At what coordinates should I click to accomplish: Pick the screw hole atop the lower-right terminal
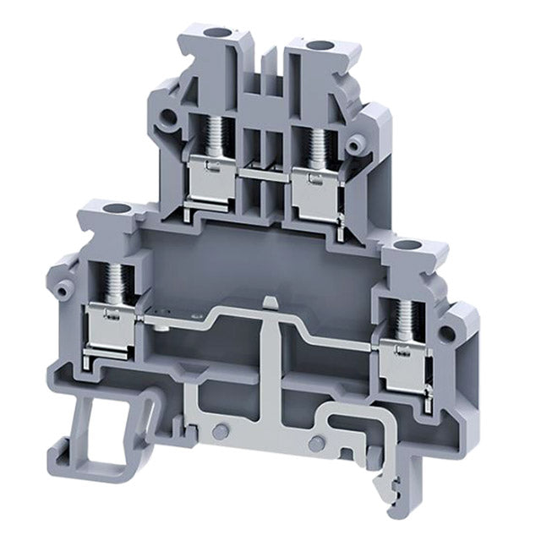(412, 247)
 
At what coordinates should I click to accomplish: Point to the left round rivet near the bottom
(220, 431)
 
